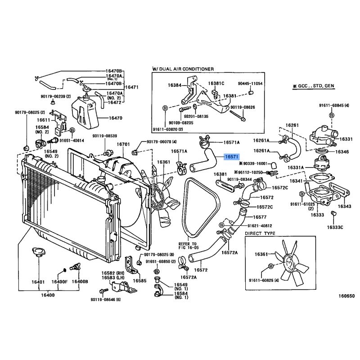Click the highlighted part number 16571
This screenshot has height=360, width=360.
pyautogui.click(x=231, y=157)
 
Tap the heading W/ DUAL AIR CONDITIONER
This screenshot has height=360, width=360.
pyautogui.click(x=183, y=69)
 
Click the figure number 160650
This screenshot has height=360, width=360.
pyautogui.click(x=347, y=296)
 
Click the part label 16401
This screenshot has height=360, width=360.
pyautogui.click(x=38, y=282)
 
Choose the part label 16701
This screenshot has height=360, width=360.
pyautogui.click(x=123, y=144)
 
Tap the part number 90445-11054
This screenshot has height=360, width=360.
pyautogui.click(x=250, y=84)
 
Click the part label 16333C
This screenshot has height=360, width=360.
pyautogui.click(x=335, y=228)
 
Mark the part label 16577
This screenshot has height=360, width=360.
pyautogui.click(x=260, y=217)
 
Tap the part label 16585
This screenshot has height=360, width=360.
pyautogui.click(x=140, y=280)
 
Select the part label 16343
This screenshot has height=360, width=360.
pyautogui.click(x=345, y=207)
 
